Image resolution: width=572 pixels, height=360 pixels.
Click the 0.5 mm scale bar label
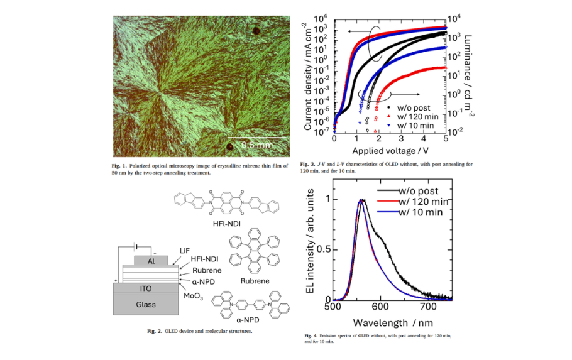[257, 145]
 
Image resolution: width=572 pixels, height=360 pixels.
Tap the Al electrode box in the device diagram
[151, 261]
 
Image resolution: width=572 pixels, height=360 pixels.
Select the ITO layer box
[146, 288]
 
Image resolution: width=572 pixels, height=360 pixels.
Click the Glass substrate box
[146, 304]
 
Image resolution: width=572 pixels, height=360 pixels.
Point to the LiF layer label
[185, 251]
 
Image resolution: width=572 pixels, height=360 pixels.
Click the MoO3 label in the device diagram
[193, 296]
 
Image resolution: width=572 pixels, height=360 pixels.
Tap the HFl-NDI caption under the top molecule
[226, 224]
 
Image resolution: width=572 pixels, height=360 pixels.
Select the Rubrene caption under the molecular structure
[255, 281]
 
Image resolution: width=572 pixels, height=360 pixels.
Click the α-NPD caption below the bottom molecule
[248, 320]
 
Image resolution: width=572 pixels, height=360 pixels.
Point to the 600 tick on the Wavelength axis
[380, 307]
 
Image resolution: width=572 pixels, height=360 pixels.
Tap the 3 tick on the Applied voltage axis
[401, 139]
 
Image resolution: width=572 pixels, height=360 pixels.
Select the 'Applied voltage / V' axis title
[390, 151]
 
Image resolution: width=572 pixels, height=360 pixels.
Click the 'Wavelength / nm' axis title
[393, 323]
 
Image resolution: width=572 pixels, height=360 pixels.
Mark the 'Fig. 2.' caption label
[154, 331]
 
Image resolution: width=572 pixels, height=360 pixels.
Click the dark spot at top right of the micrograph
[256, 31]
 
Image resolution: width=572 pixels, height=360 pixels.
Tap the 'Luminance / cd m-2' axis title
[468, 76]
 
